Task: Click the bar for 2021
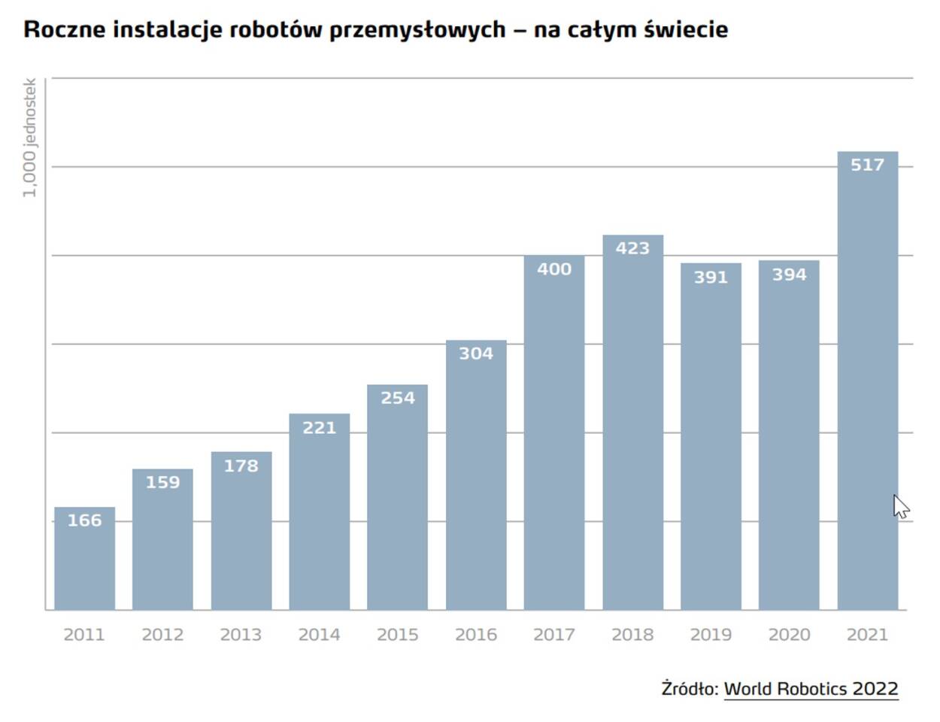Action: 867,391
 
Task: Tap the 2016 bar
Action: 476,481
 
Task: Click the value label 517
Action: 867,165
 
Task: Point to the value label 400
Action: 554,269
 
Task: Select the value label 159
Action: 162,482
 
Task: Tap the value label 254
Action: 398,398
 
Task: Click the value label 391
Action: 711,278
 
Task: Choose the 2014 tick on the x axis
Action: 319,635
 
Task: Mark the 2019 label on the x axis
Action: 711,635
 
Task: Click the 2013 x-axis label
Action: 241,635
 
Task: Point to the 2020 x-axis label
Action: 789,635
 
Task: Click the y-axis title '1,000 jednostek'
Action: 29,138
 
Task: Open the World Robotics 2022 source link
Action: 811,689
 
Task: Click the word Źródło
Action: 690,689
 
